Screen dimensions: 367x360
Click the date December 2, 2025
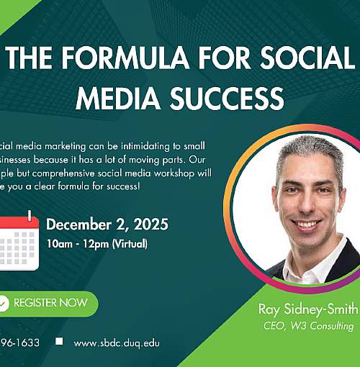pos(107,225)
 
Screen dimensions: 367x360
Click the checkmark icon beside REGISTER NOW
pos(4,303)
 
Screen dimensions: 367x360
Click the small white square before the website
pos(59,342)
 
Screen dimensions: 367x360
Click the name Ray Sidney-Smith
pos(307,309)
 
